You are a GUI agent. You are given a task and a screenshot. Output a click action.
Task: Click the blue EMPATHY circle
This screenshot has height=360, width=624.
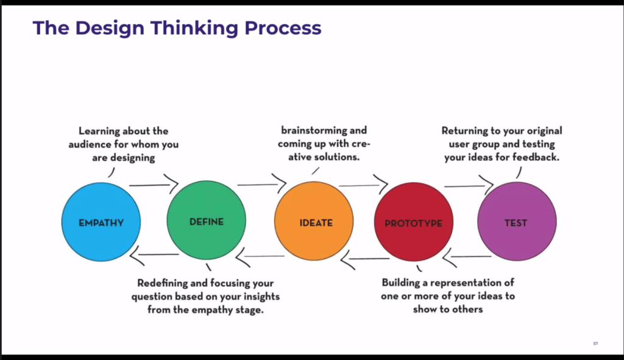point(101,222)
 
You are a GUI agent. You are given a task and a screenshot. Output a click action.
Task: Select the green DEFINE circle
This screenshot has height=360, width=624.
point(207,222)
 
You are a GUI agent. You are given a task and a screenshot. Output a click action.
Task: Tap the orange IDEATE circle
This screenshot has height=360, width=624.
point(314,222)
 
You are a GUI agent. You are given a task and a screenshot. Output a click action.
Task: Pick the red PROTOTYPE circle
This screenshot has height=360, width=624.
point(414,222)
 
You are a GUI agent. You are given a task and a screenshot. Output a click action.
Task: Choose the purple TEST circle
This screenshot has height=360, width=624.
point(516,222)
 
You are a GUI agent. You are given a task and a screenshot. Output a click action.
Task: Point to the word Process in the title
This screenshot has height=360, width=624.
point(283,27)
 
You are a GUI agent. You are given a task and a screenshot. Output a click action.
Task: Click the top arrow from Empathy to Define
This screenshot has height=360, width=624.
point(153,184)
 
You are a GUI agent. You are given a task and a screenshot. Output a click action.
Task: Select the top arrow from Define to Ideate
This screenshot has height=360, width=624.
point(261,183)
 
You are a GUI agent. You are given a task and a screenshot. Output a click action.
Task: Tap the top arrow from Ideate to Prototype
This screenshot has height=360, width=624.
point(363,185)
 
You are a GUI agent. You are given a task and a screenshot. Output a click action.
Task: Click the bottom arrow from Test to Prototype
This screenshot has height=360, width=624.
point(467,258)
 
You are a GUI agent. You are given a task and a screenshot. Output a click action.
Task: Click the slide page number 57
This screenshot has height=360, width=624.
point(595,344)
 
